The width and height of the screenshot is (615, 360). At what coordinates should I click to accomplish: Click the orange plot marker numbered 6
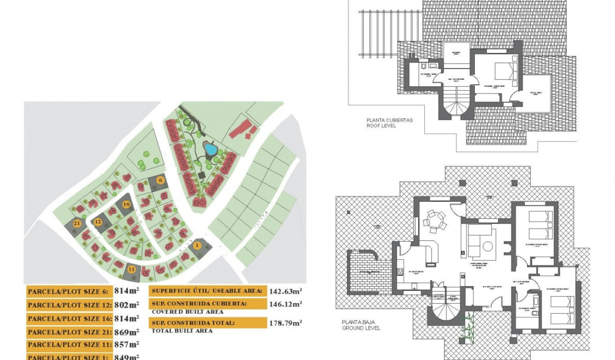tap(161, 180)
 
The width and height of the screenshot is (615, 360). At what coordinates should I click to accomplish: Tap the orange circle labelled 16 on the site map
tap(126, 204)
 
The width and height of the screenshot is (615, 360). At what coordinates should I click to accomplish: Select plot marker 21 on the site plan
tap(77, 223)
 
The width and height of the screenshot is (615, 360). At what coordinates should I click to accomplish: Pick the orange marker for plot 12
tap(98, 222)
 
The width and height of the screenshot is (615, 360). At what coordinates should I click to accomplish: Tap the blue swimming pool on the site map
tap(209, 149)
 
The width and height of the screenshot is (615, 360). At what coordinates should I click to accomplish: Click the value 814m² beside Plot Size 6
tap(126, 291)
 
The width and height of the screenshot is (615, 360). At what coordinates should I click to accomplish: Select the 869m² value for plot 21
tap(126, 331)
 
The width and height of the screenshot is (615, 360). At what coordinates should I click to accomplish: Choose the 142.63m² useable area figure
tap(285, 290)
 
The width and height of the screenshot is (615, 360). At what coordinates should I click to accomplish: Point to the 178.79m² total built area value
tap(285, 323)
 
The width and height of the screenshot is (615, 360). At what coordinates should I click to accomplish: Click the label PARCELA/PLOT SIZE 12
tap(69, 305)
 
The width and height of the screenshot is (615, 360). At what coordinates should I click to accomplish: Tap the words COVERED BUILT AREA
tap(187, 312)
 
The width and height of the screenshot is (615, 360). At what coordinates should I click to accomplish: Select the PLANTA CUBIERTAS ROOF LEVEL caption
tap(389, 123)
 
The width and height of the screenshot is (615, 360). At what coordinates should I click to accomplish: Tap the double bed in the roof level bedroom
tap(504, 72)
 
